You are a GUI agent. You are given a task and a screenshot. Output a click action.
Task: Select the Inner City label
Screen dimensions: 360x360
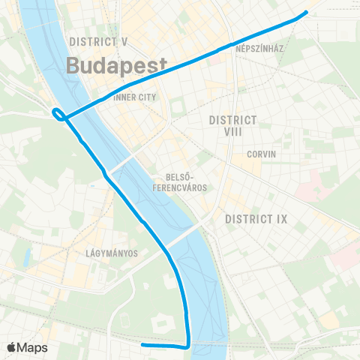pos(135,97)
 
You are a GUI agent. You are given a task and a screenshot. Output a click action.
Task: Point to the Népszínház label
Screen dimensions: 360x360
pos(258,44)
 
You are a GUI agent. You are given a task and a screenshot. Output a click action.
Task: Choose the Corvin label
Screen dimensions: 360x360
pos(262,154)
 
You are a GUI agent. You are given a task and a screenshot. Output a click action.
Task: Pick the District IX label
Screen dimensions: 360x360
pos(256,219)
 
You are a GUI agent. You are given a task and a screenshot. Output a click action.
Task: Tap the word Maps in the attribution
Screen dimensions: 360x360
pos(33,347)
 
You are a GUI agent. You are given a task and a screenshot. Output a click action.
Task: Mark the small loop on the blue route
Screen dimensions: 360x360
pos(58,114)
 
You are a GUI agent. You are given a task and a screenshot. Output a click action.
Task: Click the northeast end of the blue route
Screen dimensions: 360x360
pos(306,12)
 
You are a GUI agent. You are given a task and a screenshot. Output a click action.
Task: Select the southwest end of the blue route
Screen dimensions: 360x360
pos(142,344)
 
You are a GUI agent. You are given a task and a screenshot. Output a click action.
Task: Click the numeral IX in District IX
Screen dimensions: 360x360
pos(281,219)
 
